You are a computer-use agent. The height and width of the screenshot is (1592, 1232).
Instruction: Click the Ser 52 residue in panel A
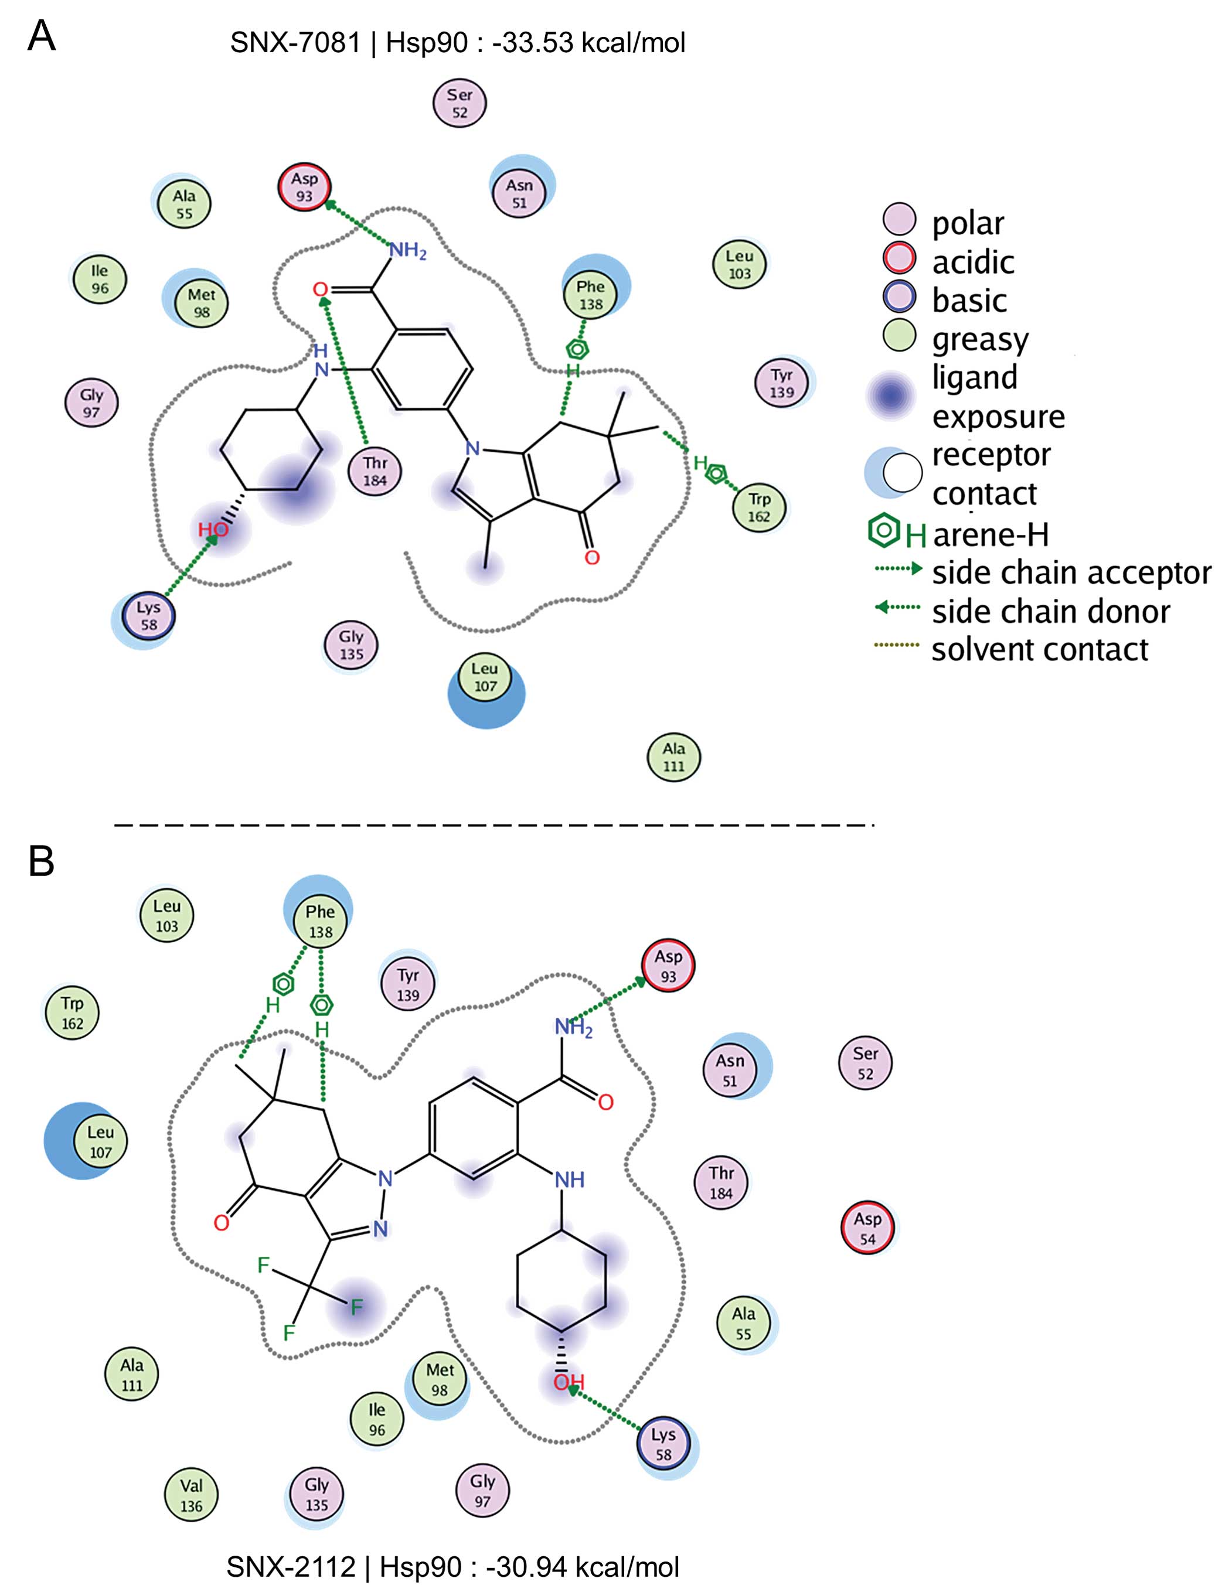460,104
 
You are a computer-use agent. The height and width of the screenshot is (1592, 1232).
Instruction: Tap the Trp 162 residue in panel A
759,507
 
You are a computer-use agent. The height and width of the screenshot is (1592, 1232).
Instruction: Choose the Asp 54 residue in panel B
867,1228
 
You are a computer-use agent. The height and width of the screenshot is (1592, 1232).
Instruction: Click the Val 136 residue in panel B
191,1496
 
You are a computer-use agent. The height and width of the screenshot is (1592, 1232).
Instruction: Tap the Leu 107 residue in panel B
101,1141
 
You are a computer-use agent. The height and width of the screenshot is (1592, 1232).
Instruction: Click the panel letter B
42,861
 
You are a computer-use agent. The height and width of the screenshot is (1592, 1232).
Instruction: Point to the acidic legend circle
899,260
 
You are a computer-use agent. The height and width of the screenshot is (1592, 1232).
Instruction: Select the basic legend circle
899,299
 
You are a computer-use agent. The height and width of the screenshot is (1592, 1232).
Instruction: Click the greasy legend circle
899,337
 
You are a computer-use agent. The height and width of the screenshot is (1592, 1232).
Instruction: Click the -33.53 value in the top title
532,42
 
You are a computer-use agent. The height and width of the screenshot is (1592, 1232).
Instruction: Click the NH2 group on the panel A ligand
407,251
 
